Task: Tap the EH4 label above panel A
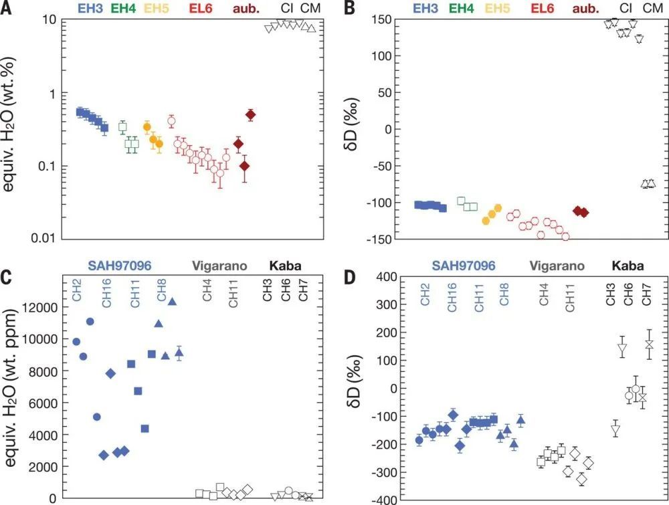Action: point(123,8)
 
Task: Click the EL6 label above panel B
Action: point(541,8)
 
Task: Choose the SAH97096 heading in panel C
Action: point(124,266)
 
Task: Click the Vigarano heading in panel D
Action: point(557,266)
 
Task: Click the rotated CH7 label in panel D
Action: point(647,292)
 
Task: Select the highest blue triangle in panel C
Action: point(172,302)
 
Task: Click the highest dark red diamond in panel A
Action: point(250,114)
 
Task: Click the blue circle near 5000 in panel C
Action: point(96,417)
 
